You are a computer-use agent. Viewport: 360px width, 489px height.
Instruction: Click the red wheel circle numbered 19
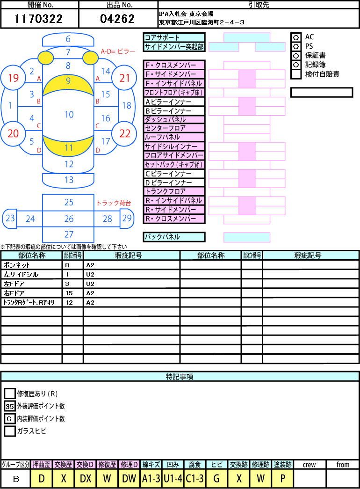[x=13, y=78]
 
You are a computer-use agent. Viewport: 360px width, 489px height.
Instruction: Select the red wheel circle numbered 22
[x=124, y=133]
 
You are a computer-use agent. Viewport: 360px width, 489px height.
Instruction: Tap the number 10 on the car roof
[x=69, y=115]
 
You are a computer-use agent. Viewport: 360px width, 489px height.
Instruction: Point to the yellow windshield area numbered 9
[x=68, y=84]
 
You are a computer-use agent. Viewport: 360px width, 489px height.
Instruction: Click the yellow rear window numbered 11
[x=68, y=146]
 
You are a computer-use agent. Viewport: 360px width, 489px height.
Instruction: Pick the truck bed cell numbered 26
[x=68, y=219]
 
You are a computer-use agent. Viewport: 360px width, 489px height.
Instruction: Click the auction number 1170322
[x=39, y=19]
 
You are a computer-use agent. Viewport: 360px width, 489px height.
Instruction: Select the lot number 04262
[x=117, y=19]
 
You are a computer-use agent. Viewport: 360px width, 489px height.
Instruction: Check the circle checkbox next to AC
[x=296, y=37]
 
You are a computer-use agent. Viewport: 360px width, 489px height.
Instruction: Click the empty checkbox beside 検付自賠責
[x=296, y=74]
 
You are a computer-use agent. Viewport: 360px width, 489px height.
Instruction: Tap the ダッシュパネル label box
[x=174, y=119]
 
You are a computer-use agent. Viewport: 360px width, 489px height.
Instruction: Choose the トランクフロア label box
[x=174, y=191]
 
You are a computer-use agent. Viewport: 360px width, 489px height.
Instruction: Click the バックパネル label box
[x=174, y=237]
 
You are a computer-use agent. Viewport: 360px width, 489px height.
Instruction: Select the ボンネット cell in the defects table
[x=31, y=265]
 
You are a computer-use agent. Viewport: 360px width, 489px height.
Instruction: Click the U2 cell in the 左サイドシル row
[x=131, y=274]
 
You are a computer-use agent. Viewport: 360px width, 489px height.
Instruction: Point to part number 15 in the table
[x=72, y=293]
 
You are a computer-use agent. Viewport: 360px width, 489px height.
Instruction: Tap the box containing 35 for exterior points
[x=10, y=406]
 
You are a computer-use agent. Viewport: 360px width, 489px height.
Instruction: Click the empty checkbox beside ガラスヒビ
[x=10, y=431]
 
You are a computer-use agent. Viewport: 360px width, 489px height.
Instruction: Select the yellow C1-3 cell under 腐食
[x=195, y=478]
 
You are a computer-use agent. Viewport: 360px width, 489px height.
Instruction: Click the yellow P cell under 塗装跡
[x=283, y=478]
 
